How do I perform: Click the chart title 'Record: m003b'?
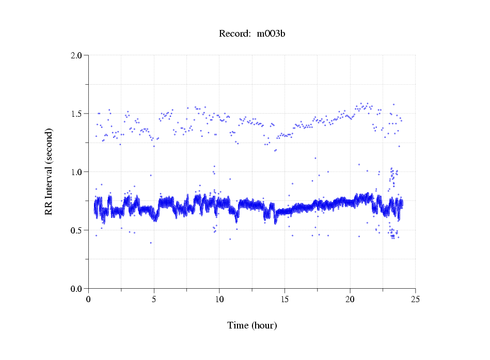point(252,34)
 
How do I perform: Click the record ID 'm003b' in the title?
point(271,34)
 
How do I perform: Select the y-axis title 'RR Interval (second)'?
point(49,171)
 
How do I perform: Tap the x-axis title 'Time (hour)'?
point(252,325)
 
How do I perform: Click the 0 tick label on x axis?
point(89,299)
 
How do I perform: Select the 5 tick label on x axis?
point(154,299)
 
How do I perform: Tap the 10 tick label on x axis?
point(219,299)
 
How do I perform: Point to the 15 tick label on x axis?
point(284,299)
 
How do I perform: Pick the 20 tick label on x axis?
point(350,299)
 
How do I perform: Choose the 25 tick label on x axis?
point(415,299)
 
